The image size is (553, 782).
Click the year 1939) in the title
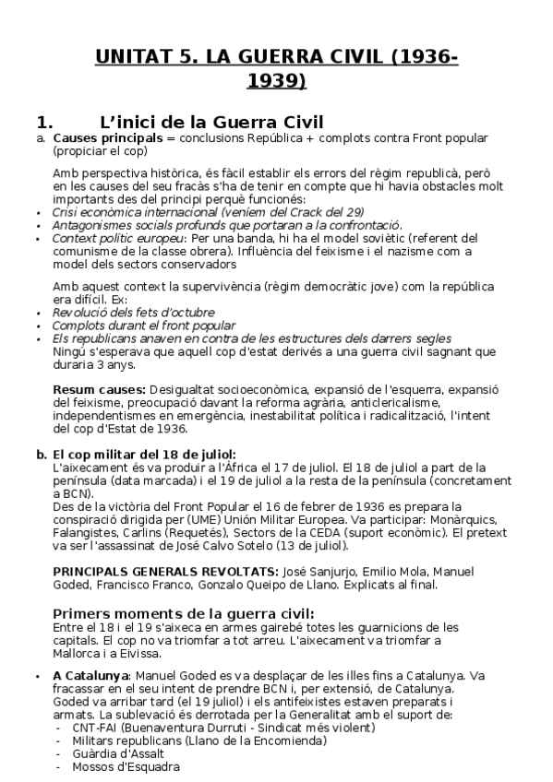click(x=276, y=81)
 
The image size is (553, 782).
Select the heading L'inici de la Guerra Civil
click(x=210, y=122)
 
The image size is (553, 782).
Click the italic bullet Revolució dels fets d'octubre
click(x=134, y=313)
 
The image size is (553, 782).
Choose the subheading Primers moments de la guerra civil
click(x=183, y=614)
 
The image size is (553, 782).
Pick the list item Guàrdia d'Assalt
click(x=113, y=753)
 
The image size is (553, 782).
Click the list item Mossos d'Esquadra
click(x=117, y=766)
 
